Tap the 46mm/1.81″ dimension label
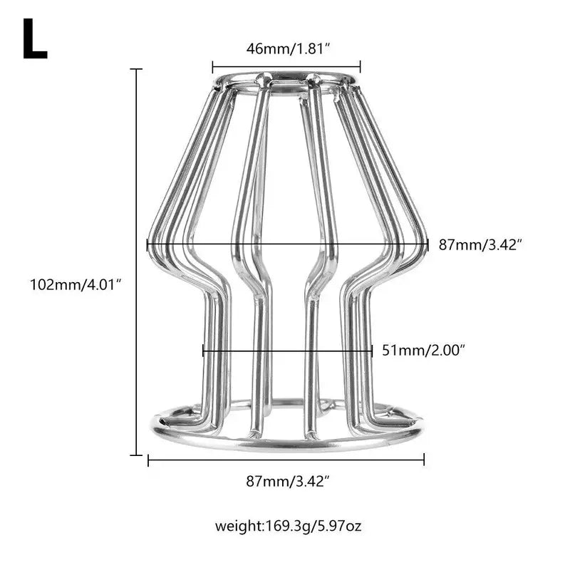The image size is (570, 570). [x=286, y=48]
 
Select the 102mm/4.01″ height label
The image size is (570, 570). [x=76, y=284]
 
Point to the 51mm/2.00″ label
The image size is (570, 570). [x=423, y=351]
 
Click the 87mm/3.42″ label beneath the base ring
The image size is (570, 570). [x=288, y=481]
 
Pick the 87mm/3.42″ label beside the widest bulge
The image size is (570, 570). [x=480, y=244]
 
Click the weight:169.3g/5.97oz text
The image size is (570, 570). [x=288, y=527]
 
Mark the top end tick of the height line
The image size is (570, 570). [x=136, y=69]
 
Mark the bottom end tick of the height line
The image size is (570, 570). [x=136, y=454]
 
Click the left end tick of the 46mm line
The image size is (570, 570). [x=212, y=67]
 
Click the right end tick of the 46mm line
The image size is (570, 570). [x=361, y=67]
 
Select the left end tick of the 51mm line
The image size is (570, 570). [x=203, y=351]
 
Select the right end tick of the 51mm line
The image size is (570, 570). [x=372, y=351]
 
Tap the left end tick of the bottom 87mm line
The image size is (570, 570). [x=148, y=460]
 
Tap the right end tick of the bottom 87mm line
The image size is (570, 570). [x=424, y=460]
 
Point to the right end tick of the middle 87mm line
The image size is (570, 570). [x=427, y=244]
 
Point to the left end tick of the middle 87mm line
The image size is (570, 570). [x=147, y=244]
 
